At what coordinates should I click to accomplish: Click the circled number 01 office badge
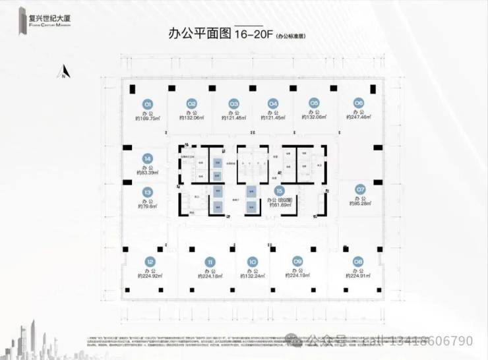point(148,104)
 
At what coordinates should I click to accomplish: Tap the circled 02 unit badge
point(192,104)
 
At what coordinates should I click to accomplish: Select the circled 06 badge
point(359,103)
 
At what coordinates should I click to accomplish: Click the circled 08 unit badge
point(358,261)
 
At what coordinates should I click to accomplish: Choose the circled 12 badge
point(151,262)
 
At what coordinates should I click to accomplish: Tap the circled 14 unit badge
point(148,158)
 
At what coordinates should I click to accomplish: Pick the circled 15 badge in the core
point(280,191)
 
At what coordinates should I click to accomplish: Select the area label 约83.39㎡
point(148,173)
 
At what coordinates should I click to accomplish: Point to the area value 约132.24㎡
point(251,276)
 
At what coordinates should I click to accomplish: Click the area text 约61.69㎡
point(280,206)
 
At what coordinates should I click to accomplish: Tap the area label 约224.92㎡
point(150,276)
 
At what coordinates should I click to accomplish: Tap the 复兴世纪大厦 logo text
point(44,16)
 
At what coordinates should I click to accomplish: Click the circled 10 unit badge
point(251,262)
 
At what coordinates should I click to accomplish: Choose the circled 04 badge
point(273,104)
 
